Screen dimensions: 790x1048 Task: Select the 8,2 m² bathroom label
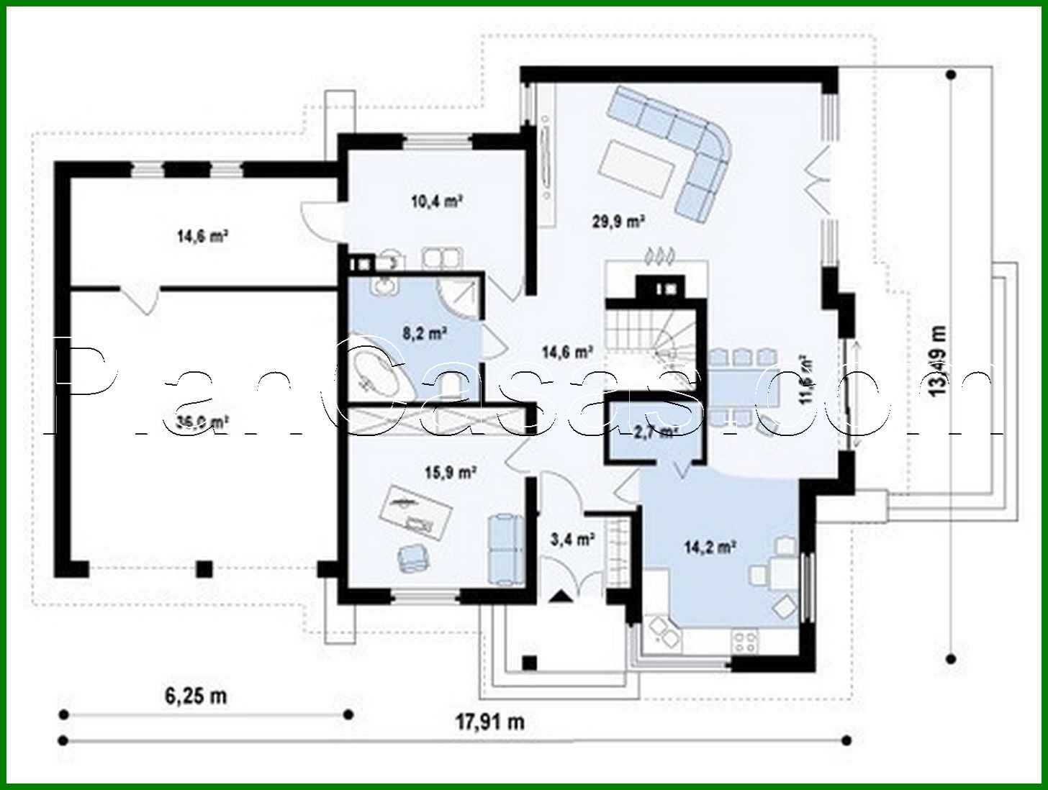pyautogui.click(x=425, y=333)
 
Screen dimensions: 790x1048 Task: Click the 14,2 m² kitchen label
pyautogui.click(x=709, y=548)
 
